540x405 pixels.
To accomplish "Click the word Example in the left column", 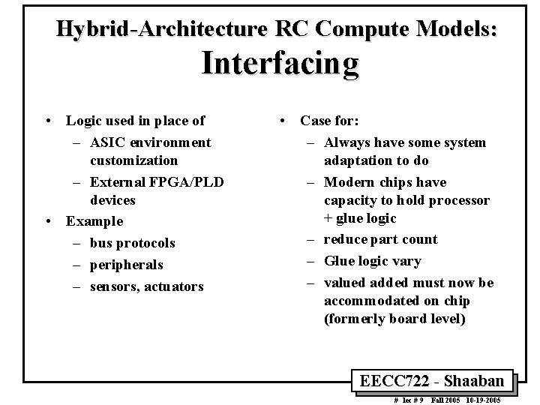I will click(94, 221).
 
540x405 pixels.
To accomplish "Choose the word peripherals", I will click(126, 265).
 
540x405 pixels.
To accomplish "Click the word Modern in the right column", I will click(347, 182).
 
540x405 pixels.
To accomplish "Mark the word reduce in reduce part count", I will click(344, 239).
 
